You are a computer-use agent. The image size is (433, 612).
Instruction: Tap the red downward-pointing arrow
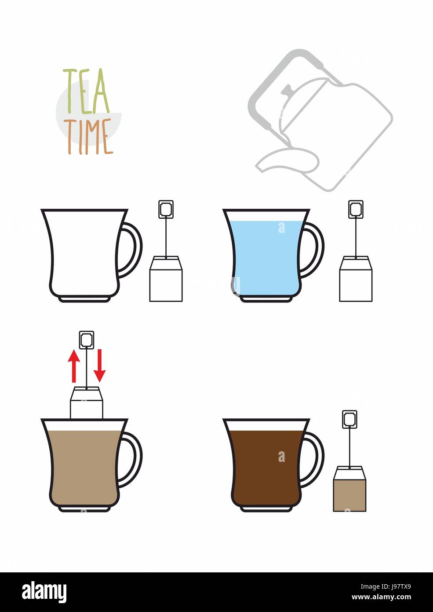click(x=100, y=366)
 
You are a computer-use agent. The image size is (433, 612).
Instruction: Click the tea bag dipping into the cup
click(x=87, y=402)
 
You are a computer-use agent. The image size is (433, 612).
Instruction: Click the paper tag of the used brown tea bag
click(x=349, y=419)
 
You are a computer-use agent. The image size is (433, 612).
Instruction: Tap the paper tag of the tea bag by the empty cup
click(x=166, y=209)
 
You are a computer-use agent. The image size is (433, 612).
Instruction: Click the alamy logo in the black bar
click(x=44, y=592)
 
